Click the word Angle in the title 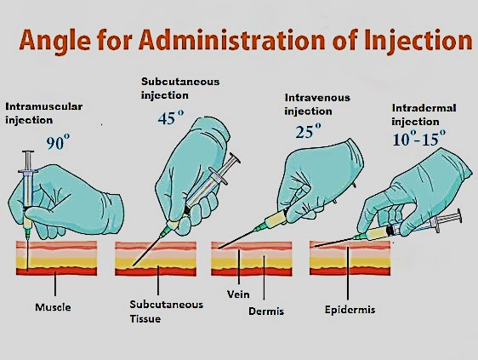point(55,41)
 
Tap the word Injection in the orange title point(418,40)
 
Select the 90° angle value point(58,142)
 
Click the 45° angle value point(171,117)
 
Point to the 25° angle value point(308,130)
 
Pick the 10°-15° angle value point(418,139)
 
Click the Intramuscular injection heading point(44,113)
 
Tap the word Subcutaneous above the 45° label point(180,82)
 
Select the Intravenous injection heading point(317,105)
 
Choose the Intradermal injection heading point(424,115)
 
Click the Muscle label point(53,307)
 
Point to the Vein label point(238,294)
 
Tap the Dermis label point(266,311)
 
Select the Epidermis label point(350,310)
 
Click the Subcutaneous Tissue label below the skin point(167,311)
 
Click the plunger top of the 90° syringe point(28,151)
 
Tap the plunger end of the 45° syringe point(235,158)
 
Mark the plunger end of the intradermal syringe point(459,216)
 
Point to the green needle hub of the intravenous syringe point(259,227)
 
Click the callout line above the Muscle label point(55,283)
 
